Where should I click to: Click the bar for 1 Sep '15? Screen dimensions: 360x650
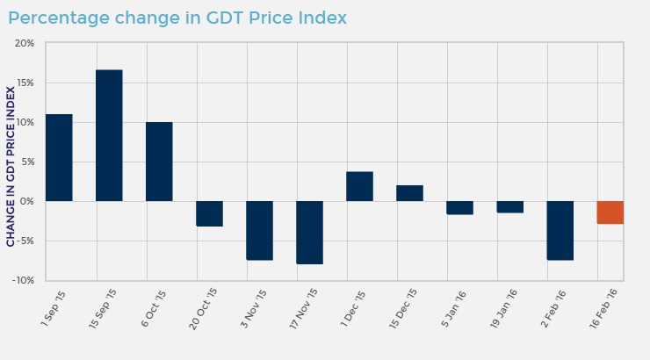coord(59,158)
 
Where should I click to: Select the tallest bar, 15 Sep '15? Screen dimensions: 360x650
coord(109,135)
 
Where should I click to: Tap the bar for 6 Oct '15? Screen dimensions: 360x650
coord(159,162)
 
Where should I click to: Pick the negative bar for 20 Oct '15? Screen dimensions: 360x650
coord(209,213)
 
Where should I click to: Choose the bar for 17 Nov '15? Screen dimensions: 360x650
coord(309,233)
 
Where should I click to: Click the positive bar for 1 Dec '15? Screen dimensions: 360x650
coord(359,186)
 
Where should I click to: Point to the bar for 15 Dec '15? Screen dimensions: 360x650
coord(409,193)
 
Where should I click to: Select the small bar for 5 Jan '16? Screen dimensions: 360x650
coord(459,208)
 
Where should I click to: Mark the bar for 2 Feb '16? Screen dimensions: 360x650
coord(560,230)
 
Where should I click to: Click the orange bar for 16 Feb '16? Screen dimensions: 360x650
coord(610,212)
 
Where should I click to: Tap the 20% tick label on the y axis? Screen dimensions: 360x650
coord(24,44)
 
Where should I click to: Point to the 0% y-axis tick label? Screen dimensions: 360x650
coord(26,202)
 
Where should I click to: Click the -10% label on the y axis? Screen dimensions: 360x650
coord(22,281)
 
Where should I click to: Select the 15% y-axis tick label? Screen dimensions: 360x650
coord(24,83)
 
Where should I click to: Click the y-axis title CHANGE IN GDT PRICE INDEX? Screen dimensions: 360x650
coord(11,165)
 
